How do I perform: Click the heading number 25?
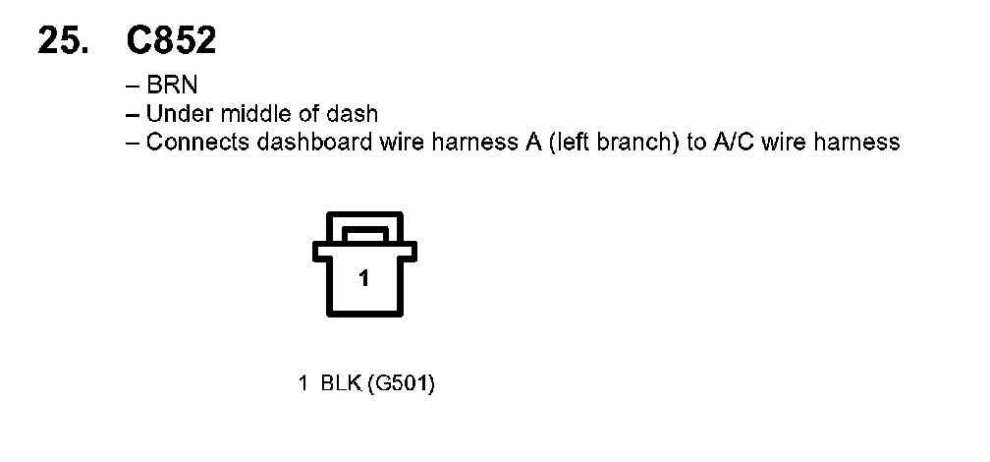(68, 41)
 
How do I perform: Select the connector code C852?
(171, 41)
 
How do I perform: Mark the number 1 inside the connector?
(364, 279)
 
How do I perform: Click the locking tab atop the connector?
(363, 234)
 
